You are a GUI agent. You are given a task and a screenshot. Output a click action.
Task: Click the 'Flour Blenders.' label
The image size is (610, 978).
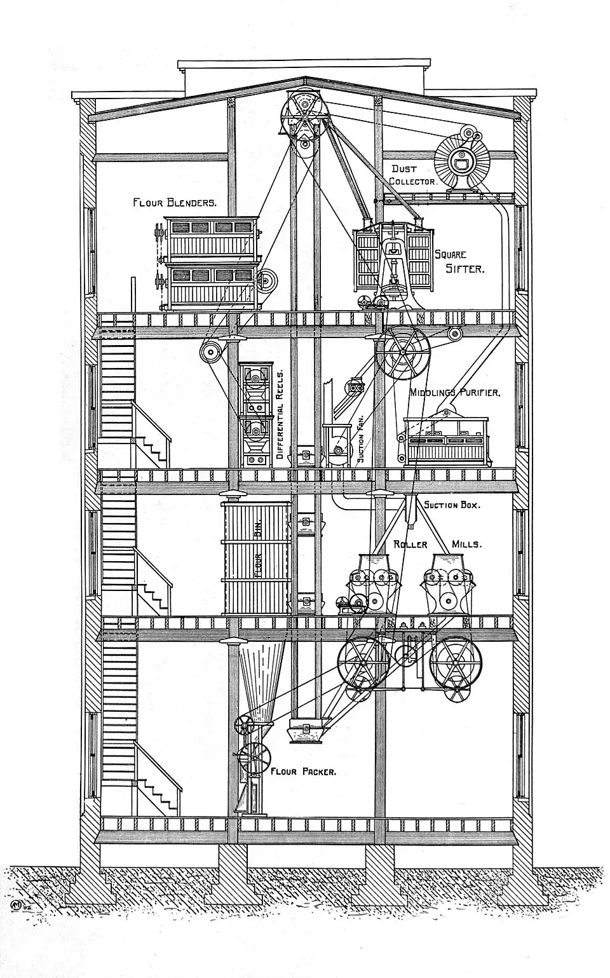click(175, 203)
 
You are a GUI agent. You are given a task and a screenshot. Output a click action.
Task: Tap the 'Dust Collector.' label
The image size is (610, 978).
click(413, 175)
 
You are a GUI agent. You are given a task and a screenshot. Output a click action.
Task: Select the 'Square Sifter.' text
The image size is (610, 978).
click(459, 262)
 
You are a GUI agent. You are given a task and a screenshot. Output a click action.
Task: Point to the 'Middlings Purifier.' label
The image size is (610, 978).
click(455, 393)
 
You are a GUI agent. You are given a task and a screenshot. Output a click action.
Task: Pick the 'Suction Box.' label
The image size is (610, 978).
click(452, 505)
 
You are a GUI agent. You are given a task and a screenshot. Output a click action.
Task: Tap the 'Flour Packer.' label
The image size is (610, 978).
click(303, 772)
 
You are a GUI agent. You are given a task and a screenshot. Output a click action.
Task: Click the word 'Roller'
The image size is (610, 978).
click(410, 545)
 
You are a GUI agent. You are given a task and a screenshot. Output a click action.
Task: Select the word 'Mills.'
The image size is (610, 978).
click(466, 545)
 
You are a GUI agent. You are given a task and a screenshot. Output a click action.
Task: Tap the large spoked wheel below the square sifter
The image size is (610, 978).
click(402, 353)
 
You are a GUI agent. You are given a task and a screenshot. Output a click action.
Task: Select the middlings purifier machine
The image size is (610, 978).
click(446, 440)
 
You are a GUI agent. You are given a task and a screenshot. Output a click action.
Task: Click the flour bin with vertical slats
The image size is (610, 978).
click(256, 558)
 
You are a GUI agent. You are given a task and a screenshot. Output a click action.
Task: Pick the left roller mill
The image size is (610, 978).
click(375, 585)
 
